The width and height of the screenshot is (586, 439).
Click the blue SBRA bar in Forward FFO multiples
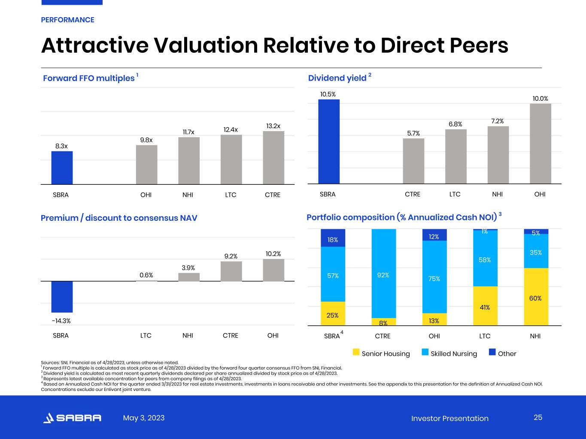point(62,168)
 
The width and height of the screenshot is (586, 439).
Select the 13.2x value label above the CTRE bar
point(273,126)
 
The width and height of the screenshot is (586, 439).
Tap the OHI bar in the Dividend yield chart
point(540,144)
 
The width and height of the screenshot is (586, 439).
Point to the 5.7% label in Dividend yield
point(413,133)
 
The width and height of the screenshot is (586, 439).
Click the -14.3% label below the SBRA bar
point(61,321)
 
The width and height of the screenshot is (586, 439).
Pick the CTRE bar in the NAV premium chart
point(231,271)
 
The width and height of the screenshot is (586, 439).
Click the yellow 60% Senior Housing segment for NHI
point(535,297)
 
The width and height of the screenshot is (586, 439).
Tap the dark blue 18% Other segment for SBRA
point(333,238)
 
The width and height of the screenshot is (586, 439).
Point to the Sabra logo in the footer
point(72,418)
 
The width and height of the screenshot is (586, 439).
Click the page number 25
point(538,418)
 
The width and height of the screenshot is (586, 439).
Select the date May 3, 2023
point(144,418)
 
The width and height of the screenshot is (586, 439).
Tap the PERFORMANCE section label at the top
point(67,20)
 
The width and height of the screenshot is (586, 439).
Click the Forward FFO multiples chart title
point(89,78)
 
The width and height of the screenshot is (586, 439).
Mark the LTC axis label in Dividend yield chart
point(455,194)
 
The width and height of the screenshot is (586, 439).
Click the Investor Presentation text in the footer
point(449,418)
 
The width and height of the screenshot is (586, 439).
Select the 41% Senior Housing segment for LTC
point(485,306)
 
